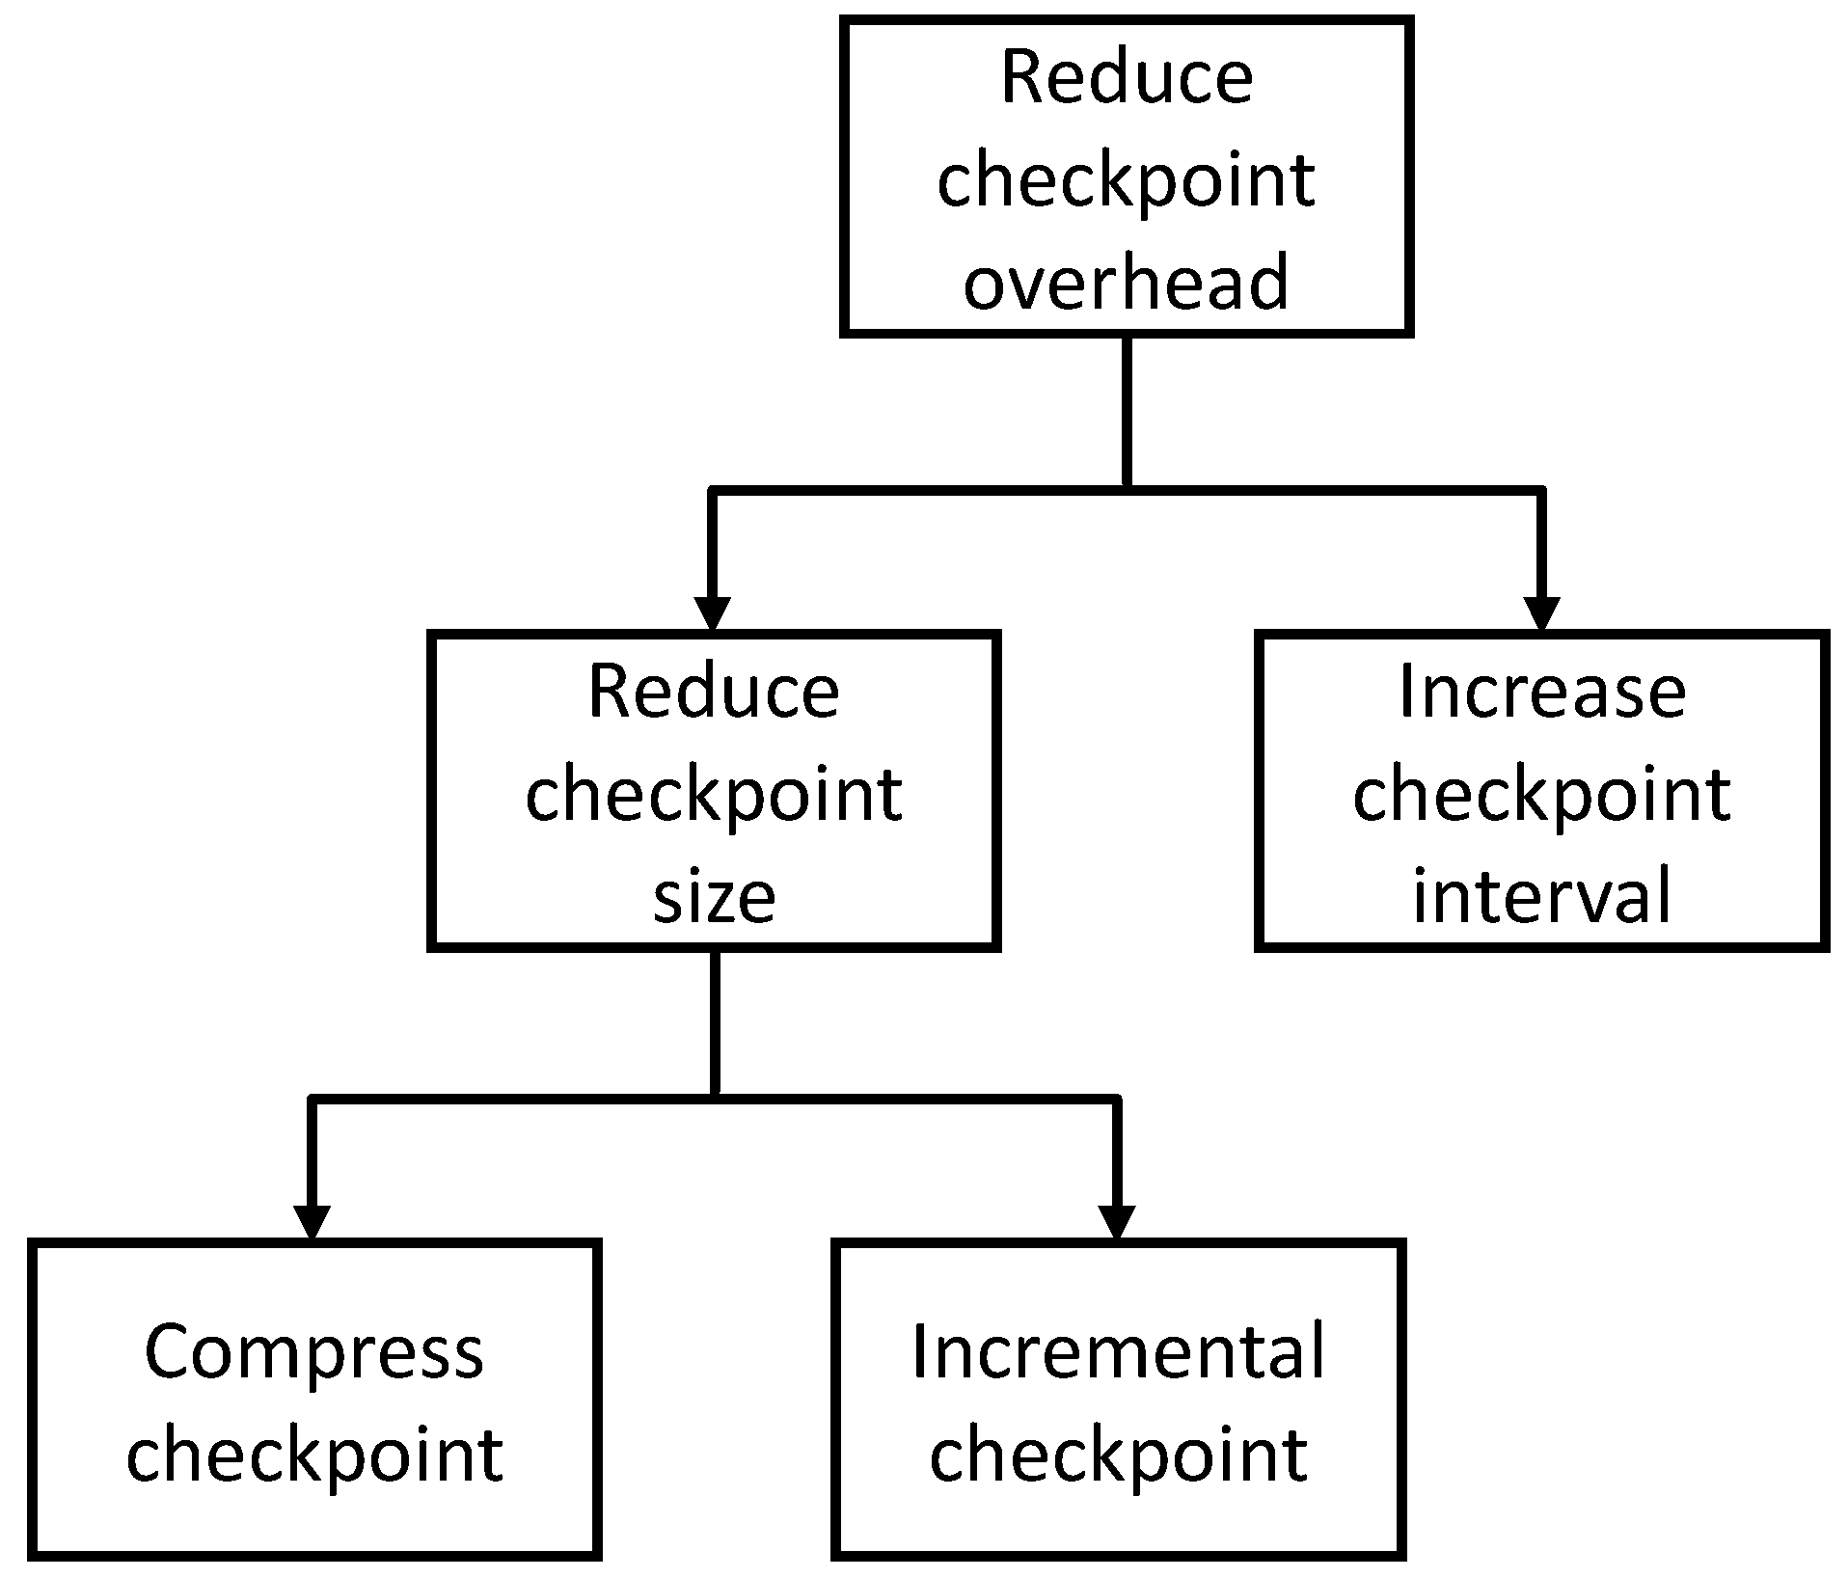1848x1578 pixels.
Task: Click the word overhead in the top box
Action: point(1126,281)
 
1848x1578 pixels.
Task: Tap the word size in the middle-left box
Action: point(714,896)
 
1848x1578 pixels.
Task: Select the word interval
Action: point(1541,896)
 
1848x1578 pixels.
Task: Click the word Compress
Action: point(313,1353)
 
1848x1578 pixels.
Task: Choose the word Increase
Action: point(1541,692)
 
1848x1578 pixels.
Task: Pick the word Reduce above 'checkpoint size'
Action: point(714,692)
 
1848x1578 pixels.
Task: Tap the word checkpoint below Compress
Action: point(313,1456)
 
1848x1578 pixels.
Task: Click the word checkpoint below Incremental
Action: point(1118,1456)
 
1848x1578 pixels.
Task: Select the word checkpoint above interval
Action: point(1541,797)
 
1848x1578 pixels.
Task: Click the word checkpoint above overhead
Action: point(1126,180)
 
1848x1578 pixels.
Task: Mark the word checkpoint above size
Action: point(714,797)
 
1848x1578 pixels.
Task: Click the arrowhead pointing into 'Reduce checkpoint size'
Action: point(712,613)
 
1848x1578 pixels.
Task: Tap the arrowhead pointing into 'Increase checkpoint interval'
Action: point(1540,613)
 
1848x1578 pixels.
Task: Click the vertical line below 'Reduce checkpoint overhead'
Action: point(1126,410)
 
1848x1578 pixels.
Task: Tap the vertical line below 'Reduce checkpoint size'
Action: point(715,1022)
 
